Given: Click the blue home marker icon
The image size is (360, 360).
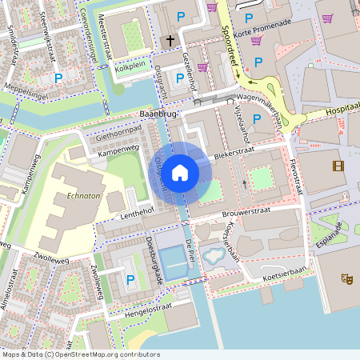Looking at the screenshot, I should tap(180, 172).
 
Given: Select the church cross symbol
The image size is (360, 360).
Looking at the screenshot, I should tap(170, 40).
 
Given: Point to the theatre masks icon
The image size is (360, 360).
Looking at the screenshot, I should tap(347, 278).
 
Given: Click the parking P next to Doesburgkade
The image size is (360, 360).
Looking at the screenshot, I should tap(130, 279).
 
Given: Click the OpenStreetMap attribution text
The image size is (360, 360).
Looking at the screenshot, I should tap(80, 354).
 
